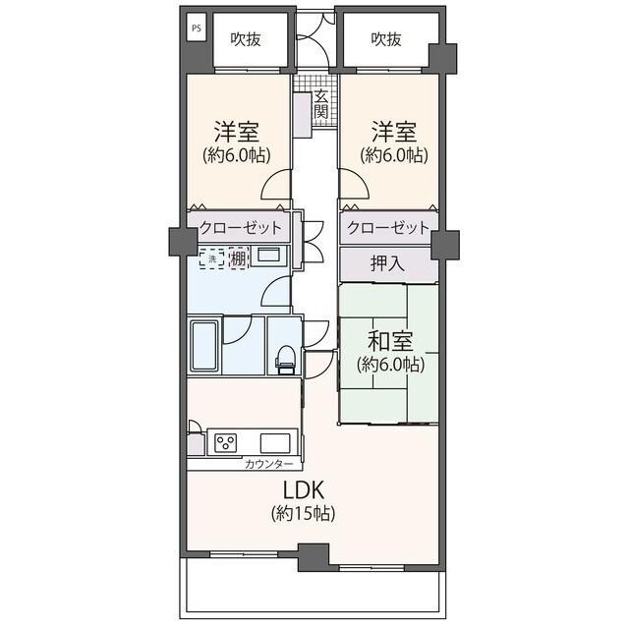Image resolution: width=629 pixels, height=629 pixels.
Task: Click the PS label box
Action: [x=197, y=28]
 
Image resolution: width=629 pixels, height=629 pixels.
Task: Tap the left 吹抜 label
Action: [x=246, y=39]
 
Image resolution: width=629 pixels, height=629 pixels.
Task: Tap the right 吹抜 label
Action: [x=386, y=39]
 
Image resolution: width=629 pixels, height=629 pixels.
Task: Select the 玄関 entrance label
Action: [x=321, y=103]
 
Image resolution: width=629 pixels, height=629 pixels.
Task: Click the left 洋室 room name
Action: [x=236, y=131]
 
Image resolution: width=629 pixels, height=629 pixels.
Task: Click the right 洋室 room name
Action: [x=392, y=131]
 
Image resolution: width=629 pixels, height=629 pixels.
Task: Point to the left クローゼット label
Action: [x=241, y=228]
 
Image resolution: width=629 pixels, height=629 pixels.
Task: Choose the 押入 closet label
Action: [x=387, y=262]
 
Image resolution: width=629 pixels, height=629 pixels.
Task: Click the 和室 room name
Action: [x=390, y=341]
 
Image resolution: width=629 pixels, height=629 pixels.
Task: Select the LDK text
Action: [x=304, y=490]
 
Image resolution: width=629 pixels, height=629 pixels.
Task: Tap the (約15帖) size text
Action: [x=304, y=514]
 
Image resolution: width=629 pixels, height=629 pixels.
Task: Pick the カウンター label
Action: [x=268, y=463]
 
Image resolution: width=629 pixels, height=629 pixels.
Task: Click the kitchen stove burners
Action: [x=227, y=441]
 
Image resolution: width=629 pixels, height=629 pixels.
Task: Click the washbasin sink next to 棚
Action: [x=269, y=257]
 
